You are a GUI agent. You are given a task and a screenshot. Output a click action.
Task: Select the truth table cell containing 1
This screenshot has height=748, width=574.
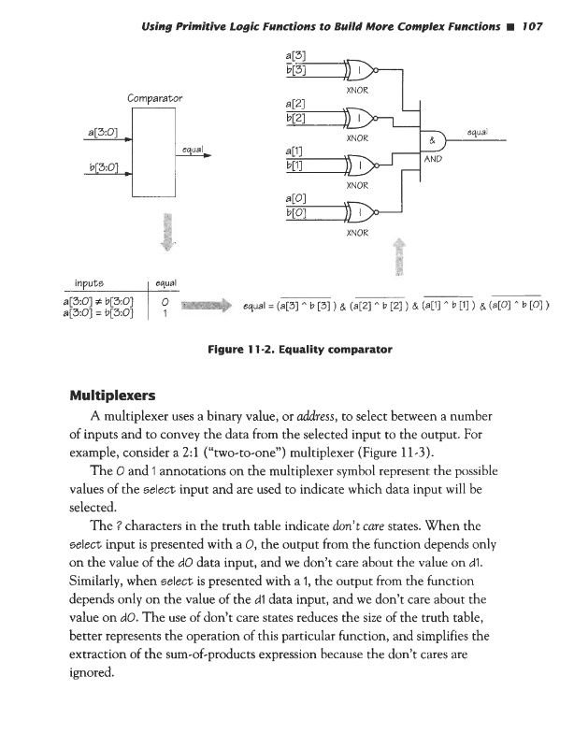[164, 311]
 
